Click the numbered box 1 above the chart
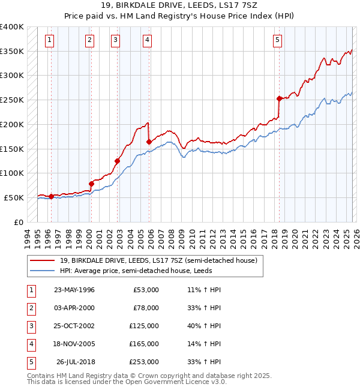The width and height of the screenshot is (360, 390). [x=49, y=40]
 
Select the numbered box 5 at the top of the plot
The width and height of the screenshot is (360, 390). [x=277, y=40]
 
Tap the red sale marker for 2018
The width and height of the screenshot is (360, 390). [x=279, y=98]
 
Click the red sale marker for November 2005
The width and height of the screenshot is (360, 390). [x=149, y=142]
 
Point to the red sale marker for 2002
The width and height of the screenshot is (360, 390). [x=118, y=161]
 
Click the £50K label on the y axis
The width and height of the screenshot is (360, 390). [x=14, y=197]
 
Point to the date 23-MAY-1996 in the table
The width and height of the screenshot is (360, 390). [x=74, y=290]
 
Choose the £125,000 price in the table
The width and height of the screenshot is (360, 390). [x=145, y=326]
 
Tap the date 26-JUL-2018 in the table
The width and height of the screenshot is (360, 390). [x=75, y=362]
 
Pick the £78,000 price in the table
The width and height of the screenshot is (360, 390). [x=146, y=308]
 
